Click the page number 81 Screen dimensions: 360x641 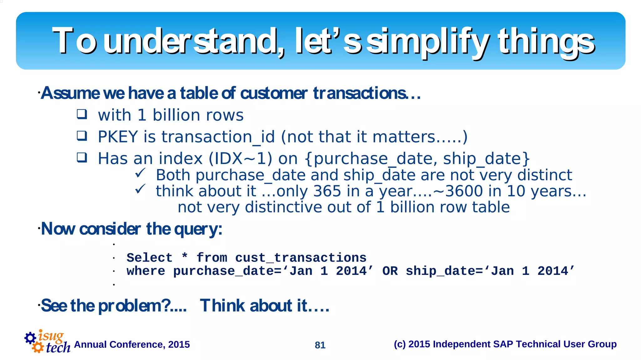tap(320, 345)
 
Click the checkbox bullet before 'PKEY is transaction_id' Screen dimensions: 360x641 tap(82, 136)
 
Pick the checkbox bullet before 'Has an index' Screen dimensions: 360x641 tap(82, 157)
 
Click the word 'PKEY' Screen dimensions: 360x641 tap(118, 137)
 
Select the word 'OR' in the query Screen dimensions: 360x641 tap(390, 271)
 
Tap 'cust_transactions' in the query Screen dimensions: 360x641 tap(301, 258)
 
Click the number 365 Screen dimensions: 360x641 tap(327, 191)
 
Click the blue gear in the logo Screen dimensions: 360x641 tap(30, 338)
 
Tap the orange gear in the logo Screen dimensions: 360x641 tap(38, 347)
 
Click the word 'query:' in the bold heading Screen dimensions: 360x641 tap(198, 229)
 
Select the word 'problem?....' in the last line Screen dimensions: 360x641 tap(142, 306)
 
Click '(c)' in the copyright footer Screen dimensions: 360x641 tap(400, 344)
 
